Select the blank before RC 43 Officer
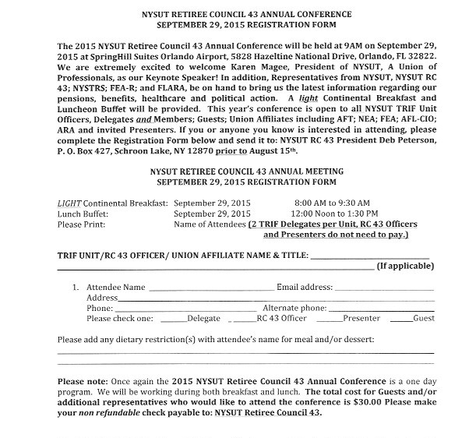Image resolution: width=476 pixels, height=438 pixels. [x=245, y=320]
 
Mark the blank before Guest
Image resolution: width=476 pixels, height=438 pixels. [x=400, y=320]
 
